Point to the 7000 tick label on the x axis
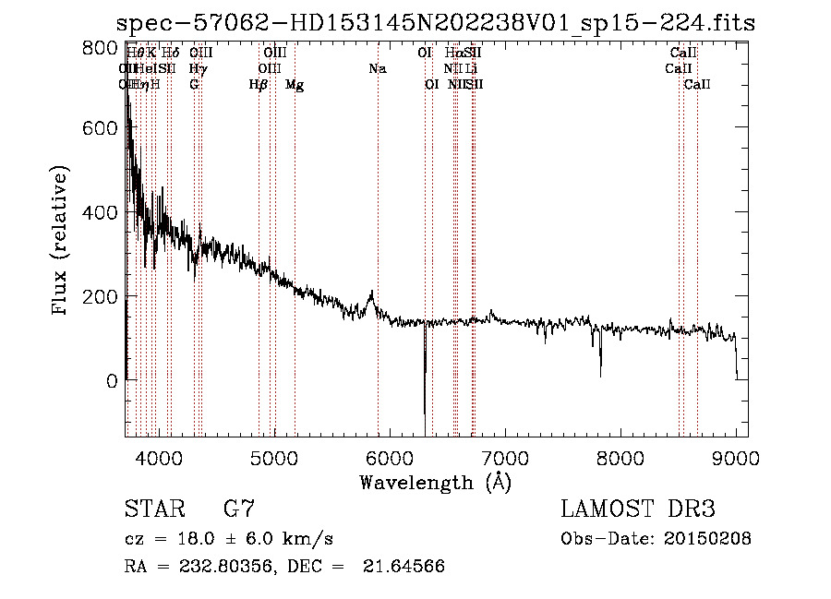coord(505,458)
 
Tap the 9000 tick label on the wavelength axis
coord(736,458)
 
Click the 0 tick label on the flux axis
coord(112,380)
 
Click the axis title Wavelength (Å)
coord(435,482)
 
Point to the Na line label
coord(377,68)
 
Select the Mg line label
coord(295,85)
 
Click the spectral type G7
coord(239,509)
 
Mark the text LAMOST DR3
coord(638,509)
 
